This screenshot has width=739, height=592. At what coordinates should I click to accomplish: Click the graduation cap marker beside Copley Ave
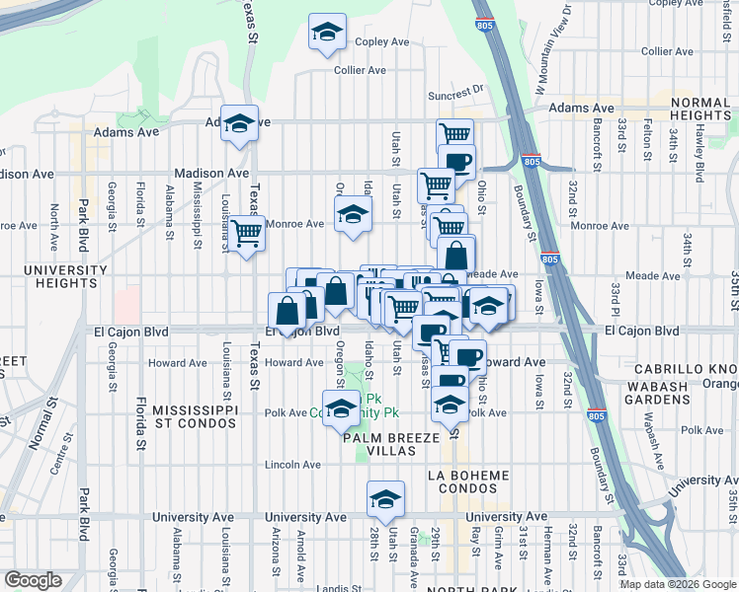[327, 33]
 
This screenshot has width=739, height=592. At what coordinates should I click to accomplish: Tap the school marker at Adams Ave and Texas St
[239, 123]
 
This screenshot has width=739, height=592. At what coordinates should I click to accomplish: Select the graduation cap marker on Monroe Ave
[352, 213]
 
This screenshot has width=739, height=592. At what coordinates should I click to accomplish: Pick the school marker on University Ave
[385, 498]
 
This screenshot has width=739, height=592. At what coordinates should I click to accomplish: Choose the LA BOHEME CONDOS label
[467, 482]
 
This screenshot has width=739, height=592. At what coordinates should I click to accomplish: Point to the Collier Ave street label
[360, 70]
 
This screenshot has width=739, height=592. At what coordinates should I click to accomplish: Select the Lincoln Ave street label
[293, 465]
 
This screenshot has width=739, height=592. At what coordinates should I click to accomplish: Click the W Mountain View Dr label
[553, 48]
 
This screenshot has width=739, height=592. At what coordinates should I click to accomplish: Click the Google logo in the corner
[34, 580]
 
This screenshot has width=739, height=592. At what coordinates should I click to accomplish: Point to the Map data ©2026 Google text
[677, 584]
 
